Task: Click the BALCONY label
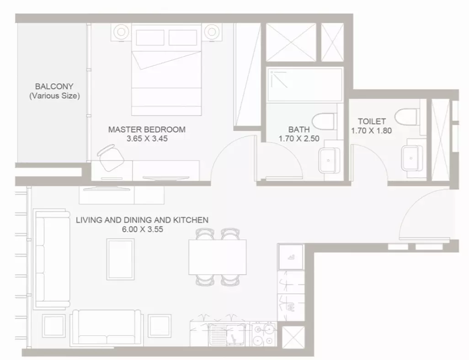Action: pos(54,86)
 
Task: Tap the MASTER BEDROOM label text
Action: pos(147,129)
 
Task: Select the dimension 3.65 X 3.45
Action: pos(147,139)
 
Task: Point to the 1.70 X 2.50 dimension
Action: pos(299,139)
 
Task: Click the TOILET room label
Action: pos(372,122)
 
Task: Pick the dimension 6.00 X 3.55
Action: pos(142,229)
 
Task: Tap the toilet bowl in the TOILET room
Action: pos(406,117)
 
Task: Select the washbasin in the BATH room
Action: pos(329,160)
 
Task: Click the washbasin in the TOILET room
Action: pos(412,158)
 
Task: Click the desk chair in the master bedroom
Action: pos(110,157)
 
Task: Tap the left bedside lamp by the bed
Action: pos(121,32)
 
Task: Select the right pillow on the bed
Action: pos(183,37)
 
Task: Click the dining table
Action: pos(218,257)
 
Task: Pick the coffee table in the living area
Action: pos(121,259)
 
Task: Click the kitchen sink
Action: pos(227,335)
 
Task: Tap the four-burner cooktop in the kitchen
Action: pos(263,334)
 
